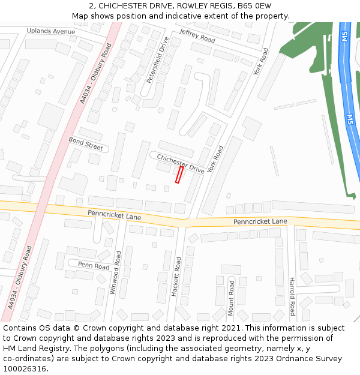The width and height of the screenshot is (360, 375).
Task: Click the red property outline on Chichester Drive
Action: click(x=179, y=175)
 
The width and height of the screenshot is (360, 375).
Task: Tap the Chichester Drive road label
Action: click(x=181, y=164)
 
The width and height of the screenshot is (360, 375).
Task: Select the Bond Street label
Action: click(x=86, y=144)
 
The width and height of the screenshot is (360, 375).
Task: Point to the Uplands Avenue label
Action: click(x=51, y=31)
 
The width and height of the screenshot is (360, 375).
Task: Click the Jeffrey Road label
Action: click(x=197, y=35)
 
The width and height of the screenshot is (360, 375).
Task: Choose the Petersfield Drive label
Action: click(x=158, y=60)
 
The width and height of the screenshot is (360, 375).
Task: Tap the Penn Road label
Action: click(x=94, y=266)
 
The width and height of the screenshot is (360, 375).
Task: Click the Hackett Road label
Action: click(x=177, y=277)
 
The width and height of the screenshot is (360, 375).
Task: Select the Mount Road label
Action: click(x=231, y=298)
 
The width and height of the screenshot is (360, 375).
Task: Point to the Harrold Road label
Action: click(x=292, y=296)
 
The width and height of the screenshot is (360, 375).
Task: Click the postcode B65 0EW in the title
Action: click(x=254, y=5)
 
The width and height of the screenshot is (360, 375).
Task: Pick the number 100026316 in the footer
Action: click(x=25, y=368)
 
